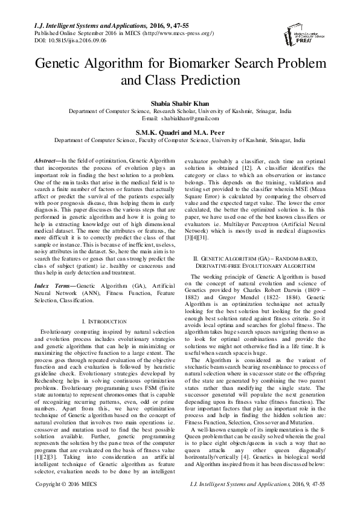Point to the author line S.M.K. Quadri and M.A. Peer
click(179, 131)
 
